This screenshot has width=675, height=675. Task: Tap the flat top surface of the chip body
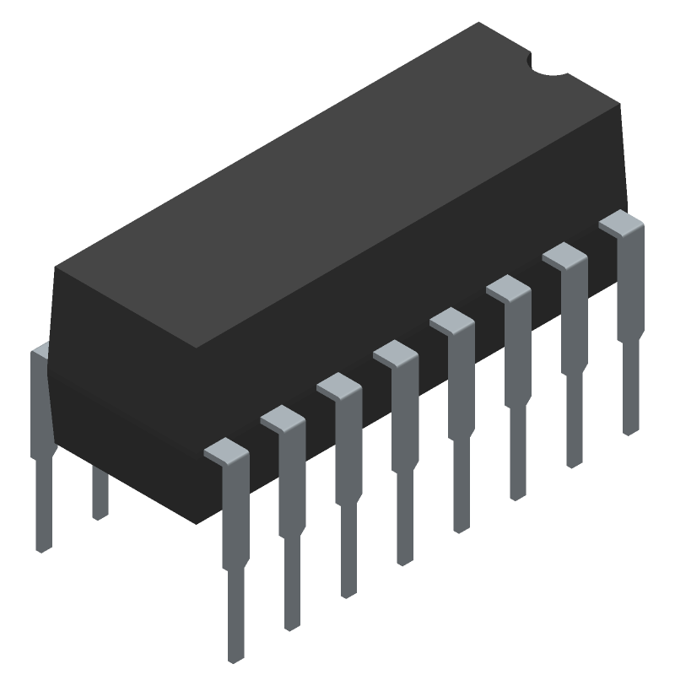(x=337, y=186)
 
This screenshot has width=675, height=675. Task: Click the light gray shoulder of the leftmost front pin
(x=226, y=451)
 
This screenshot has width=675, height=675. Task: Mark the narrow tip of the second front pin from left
(x=292, y=591)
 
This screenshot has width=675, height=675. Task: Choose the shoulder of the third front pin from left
(x=338, y=386)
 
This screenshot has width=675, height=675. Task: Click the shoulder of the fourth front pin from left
(x=395, y=353)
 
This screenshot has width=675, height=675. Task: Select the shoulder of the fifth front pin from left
(x=451, y=321)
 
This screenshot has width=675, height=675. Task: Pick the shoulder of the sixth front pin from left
(x=508, y=289)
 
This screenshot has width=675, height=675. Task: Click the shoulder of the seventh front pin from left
(x=564, y=256)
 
